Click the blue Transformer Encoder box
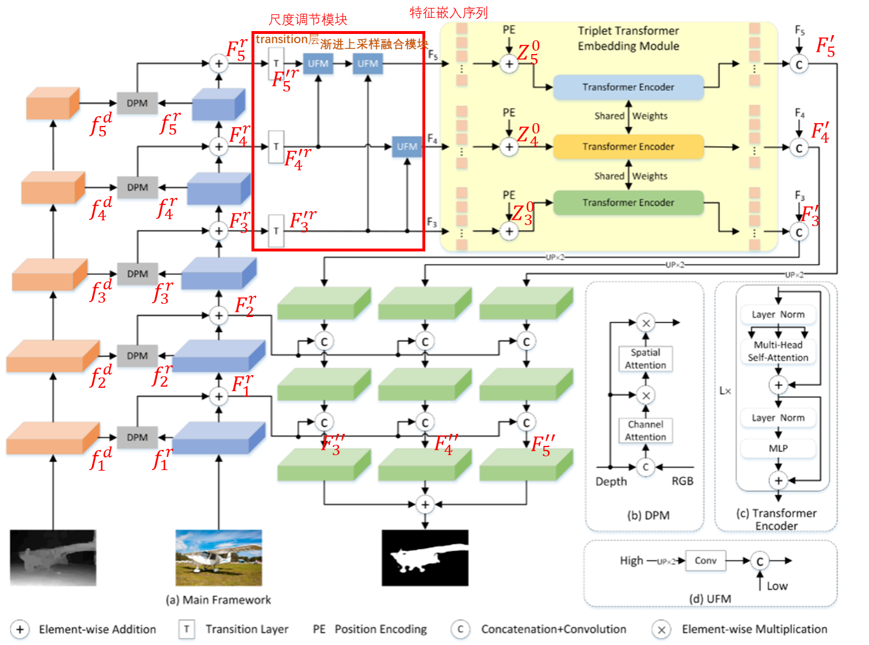click(x=628, y=87)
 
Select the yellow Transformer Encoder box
click(x=628, y=147)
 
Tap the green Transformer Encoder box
click(x=628, y=203)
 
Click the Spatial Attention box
click(x=645, y=359)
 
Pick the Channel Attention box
click(x=645, y=430)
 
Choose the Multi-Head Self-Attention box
click(x=777, y=351)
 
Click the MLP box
click(x=777, y=448)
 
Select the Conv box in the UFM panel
click(x=705, y=560)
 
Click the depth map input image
click(x=53, y=558)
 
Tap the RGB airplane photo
click(x=219, y=558)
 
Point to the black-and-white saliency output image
click(x=425, y=558)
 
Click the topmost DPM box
click(x=137, y=104)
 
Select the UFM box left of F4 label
click(x=407, y=147)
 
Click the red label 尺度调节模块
click(x=308, y=20)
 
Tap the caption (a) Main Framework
click(x=218, y=600)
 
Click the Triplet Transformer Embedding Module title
click(x=628, y=38)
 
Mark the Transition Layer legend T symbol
click(x=186, y=629)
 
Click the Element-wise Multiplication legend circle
click(x=662, y=629)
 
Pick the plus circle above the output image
click(x=425, y=505)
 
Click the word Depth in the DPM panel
click(x=611, y=481)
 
